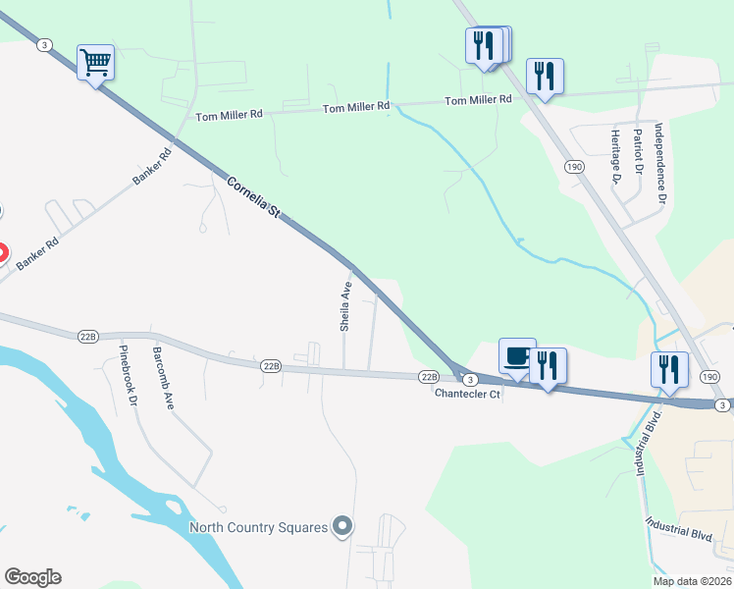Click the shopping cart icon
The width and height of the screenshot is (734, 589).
[x=95, y=63]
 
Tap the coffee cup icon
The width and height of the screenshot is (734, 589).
[x=516, y=356]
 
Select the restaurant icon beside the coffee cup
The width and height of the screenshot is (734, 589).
[x=546, y=365]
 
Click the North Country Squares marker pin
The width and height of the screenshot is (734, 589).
[x=341, y=528]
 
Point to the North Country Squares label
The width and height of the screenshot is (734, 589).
[x=258, y=528]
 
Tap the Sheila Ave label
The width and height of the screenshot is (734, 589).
[x=345, y=306]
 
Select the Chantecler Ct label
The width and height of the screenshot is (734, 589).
[x=468, y=394]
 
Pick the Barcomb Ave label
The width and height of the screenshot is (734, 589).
[x=162, y=377]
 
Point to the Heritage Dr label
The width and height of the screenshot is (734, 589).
[x=615, y=156]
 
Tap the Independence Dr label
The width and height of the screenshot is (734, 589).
[x=660, y=164]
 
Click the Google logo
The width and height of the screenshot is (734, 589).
[x=32, y=577]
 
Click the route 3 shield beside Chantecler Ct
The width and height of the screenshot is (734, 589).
[x=470, y=380]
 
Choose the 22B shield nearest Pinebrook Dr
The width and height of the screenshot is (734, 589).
[x=88, y=337]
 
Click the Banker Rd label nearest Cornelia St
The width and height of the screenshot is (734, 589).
[x=152, y=168]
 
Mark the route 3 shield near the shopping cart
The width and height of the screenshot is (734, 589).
[x=44, y=43]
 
